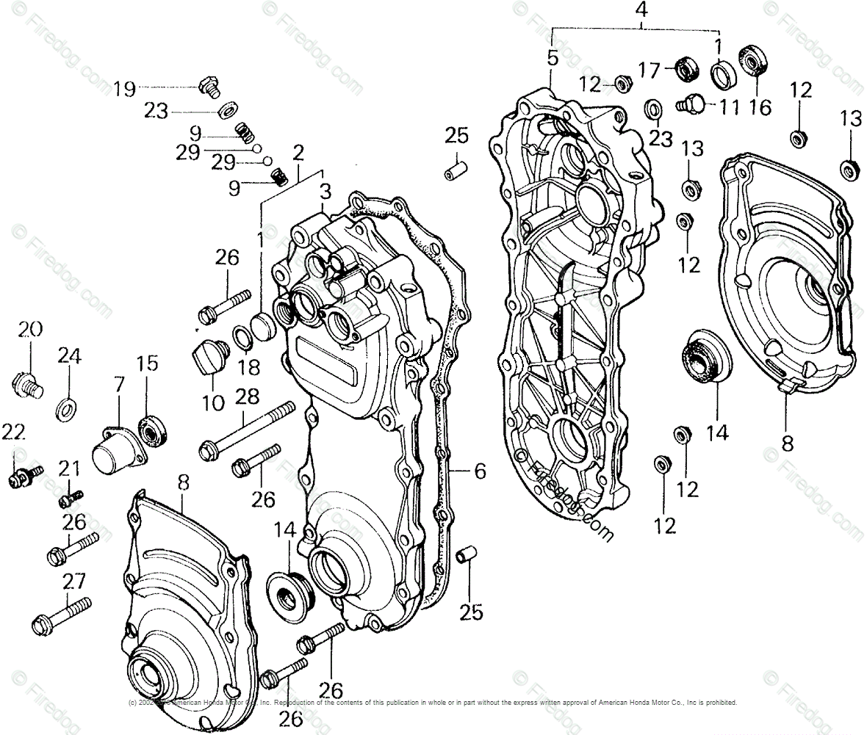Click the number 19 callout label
point(124,90)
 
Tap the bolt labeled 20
point(28,383)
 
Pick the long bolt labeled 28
point(245,431)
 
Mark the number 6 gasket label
point(479,471)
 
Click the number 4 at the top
point(641,12)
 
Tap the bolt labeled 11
point(692,104)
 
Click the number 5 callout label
point(553,57)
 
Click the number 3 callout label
point(325,193)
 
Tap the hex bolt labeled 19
point(209,87)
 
